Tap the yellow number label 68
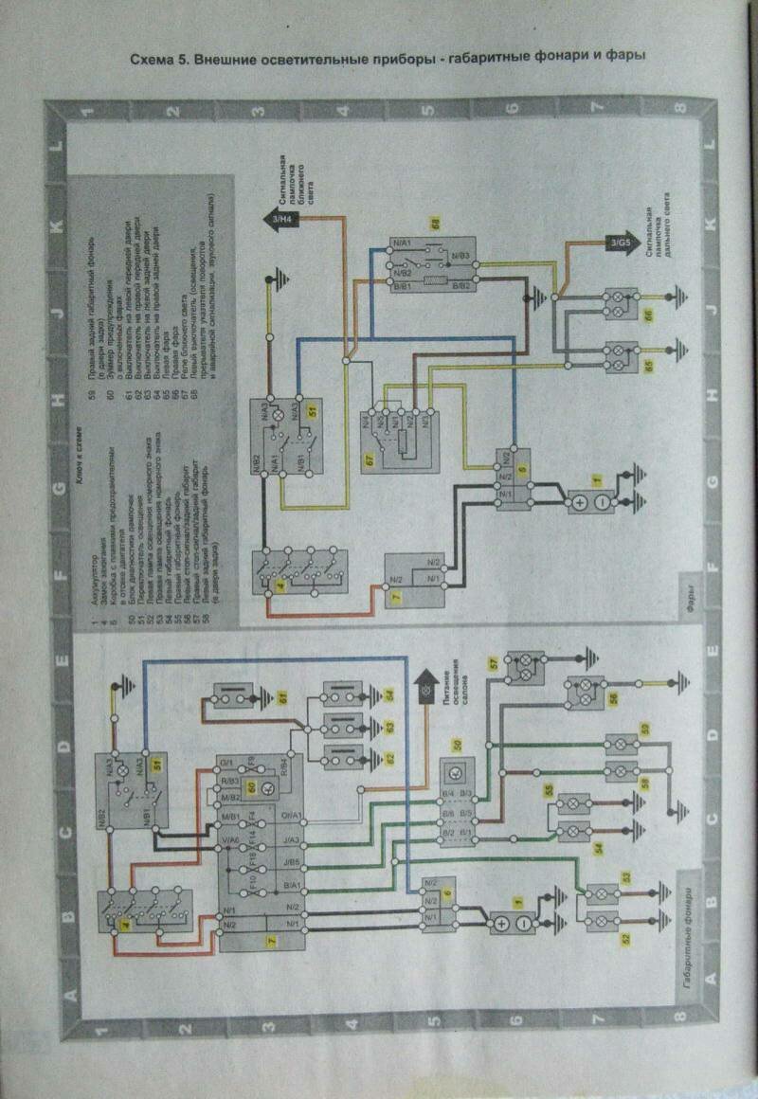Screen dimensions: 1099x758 click(436, 225)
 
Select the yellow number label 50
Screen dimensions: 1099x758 click(456, 745)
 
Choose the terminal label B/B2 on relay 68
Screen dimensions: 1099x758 click(461, 285)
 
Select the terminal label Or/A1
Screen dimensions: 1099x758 click(288, 816)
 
